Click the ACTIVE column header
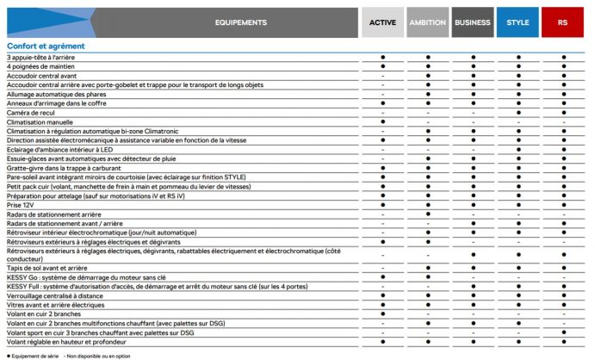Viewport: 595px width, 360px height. pyautogui.click(x=382, y=22)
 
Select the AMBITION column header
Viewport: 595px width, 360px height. pyautogui.click(x=428, y=22)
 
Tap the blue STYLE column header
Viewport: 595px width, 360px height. pyautogui.click(x=518, y=22)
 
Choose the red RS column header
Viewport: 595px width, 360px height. pyautogui.click(x=563, y=22)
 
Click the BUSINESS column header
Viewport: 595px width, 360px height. pyautogui.click(x=473, y=22)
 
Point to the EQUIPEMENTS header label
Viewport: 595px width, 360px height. pyautogui.click(x=240, y=22)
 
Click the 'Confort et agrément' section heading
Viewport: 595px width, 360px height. pyautogui.click(x=46, y=46)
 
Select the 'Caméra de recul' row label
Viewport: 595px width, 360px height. pyautogui.click(x=30, y=113)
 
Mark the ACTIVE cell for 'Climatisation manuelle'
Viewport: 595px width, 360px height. pyautogui.click(x=382, y=122)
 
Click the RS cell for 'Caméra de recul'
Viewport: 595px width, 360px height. pyautogui.click(x=563, y=113)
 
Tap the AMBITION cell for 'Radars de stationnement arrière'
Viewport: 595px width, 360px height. pyautogui.click(x=428, y=213)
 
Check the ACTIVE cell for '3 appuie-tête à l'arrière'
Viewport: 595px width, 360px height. pyautogui.click(x=382, y=57)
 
